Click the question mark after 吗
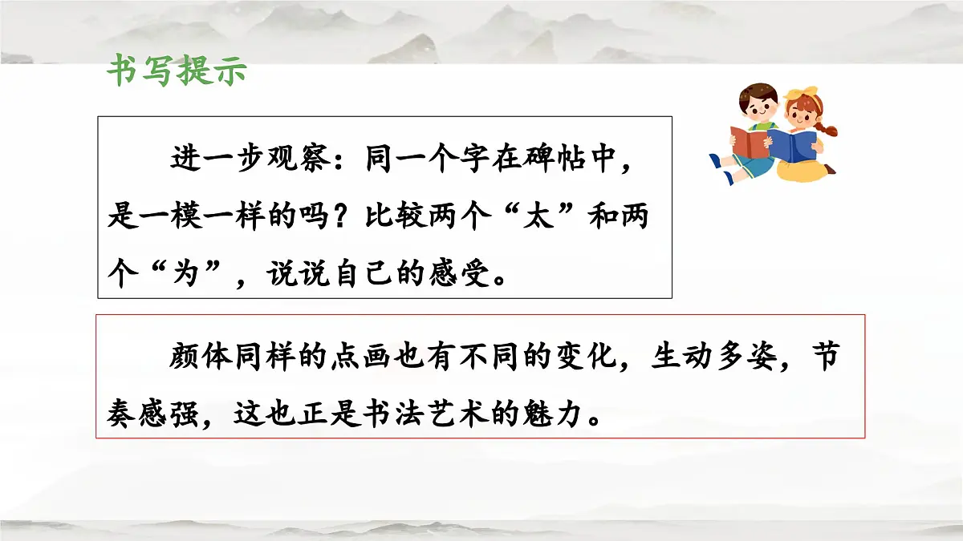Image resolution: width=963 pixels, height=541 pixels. [340, 219]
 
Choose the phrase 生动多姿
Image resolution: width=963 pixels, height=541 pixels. [713, 357]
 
